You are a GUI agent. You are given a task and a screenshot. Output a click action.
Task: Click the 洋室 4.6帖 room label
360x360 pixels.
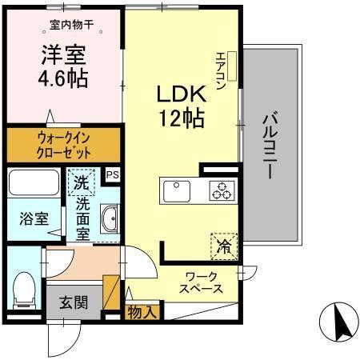click(64, 69)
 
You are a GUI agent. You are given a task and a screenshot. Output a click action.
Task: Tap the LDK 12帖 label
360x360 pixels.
click(180, 106)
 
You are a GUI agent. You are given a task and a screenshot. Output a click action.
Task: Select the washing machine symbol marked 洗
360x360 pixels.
click(81, 183)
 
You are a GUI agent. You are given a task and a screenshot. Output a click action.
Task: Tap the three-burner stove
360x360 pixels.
click(221, 190)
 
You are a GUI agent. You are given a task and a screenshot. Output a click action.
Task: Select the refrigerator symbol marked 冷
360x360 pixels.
click(225, 246)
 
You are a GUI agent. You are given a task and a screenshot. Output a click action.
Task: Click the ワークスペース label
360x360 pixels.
click(200, 282)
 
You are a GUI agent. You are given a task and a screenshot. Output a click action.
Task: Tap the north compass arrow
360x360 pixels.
click(335, 324)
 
